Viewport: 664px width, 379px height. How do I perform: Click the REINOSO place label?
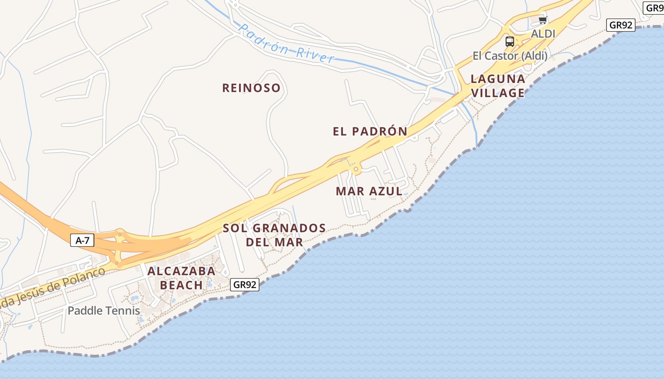251,88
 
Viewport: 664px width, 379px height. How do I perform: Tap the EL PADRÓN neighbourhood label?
370,131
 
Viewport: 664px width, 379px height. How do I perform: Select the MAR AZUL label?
369,191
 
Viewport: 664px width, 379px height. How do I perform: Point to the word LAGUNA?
498,79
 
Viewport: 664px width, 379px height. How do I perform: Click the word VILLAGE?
498,93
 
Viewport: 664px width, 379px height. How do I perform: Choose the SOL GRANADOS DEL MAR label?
274,235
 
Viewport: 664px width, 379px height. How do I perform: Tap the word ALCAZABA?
182,271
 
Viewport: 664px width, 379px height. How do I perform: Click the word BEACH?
182,285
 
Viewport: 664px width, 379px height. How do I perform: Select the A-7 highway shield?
83,240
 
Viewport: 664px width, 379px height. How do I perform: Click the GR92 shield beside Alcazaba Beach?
245,285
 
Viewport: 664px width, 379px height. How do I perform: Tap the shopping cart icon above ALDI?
543,20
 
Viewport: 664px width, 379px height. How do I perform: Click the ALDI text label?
543,34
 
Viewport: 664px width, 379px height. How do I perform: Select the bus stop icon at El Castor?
510,41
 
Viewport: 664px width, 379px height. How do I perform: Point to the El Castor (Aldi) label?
510,56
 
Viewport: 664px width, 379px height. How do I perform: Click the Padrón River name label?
286,44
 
